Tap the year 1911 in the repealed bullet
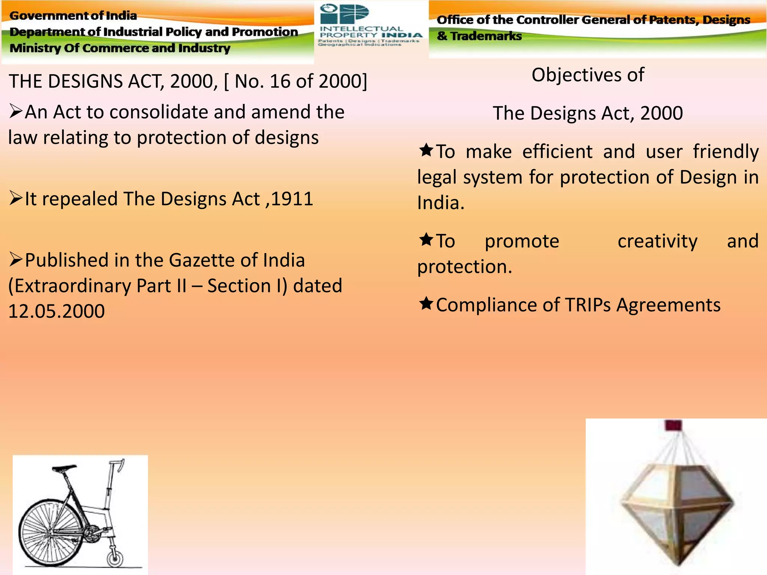pyautogui.click(x=292, y=199)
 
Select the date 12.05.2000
pyautogui.click(x=57, y=311)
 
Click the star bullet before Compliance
pyautogui.click(x=426, y=303)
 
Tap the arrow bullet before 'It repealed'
pyautogui.click(x=16, y=198)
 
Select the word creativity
pyautogui.click(x=657, y=241)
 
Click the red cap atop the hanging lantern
pyautogui.click(x=673, y=425)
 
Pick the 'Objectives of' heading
pyautogui.click(x=588, y=75)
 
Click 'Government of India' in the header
pyautogui.click(x=73, y=16)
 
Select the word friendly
pyautogui.click(x=725, y=152)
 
